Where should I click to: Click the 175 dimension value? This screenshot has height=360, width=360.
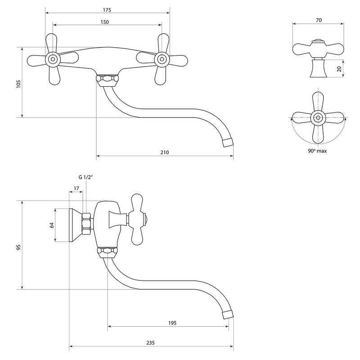107,10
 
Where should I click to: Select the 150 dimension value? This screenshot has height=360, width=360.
107,22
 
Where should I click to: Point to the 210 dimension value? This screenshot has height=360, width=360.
164,153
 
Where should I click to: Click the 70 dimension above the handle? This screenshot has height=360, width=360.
319,20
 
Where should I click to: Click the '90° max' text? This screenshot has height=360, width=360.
318,151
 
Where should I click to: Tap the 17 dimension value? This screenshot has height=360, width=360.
76,188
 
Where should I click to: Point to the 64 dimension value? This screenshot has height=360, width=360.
52,225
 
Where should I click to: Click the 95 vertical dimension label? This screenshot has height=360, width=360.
18,247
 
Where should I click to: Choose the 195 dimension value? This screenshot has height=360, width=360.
171,323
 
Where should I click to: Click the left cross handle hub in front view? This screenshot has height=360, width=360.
53,58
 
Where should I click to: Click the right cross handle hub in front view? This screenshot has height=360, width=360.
161,58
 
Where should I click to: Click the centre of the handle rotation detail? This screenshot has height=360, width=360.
318,118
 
